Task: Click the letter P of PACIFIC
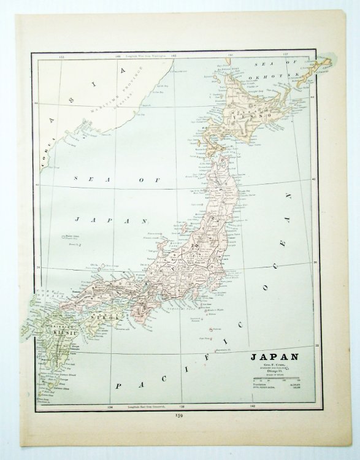point(118,388)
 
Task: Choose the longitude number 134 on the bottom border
point(110,405)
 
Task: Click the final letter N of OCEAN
point(286,197)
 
